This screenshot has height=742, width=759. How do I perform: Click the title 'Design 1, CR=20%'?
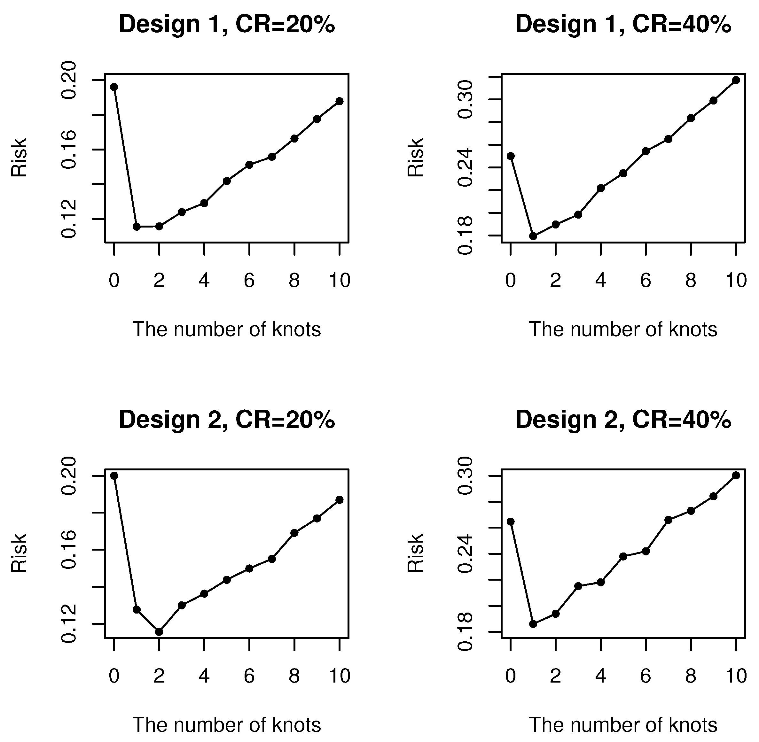point(226,24)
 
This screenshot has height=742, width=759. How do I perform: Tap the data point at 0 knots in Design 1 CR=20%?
point(114,87)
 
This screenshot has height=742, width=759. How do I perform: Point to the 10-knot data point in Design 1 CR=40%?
point(736,80)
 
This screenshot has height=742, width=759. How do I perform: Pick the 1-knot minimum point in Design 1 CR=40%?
point(533,236)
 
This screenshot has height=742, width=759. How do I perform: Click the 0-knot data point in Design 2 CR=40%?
point(511,522)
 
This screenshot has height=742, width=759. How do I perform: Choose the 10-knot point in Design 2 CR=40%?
point(736,475)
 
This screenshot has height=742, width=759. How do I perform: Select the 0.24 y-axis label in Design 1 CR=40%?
point(466,167)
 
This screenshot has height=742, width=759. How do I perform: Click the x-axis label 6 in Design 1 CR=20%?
point(249,281)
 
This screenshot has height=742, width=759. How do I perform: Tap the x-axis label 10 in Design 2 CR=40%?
point(736,676)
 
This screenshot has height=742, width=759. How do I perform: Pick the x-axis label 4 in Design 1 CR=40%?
point(601,281)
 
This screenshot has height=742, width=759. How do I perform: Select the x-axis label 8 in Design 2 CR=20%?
point(294,676)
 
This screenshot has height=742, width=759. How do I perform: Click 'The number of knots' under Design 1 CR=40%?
point(622,330)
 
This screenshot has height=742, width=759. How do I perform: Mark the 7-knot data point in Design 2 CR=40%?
point(668,520)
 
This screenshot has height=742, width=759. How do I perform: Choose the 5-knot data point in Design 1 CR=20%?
point(226,181)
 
